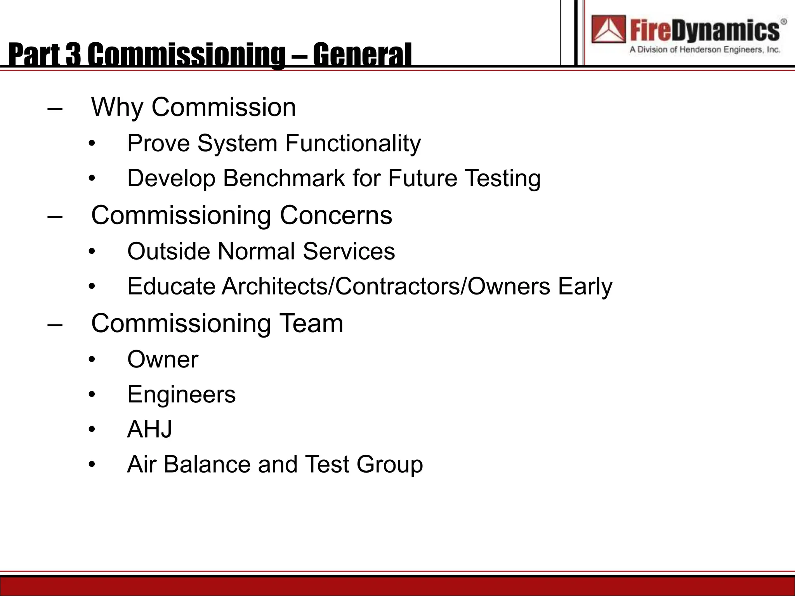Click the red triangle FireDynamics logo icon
pyautogui.click(x=608, y=29)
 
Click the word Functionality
pyautogui.click(x=353, y=144)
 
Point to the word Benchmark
pyautogui.click(x=284, y=178)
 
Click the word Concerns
pyautogui.click(x=336, y=215)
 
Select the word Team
pyautogui.click(x=311, y=323)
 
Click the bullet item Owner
pyautogui.click(x=163, y=360)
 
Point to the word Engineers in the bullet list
pyautogui.click(x=181, y=395)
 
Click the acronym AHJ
pyautogui.click(x=149, y=430)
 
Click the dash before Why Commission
pyautogui.click(x=55, y=109)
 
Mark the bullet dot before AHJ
pyautogui.click(x=92, y=430)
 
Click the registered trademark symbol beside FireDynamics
pyautogui.click(x=784, y=22)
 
